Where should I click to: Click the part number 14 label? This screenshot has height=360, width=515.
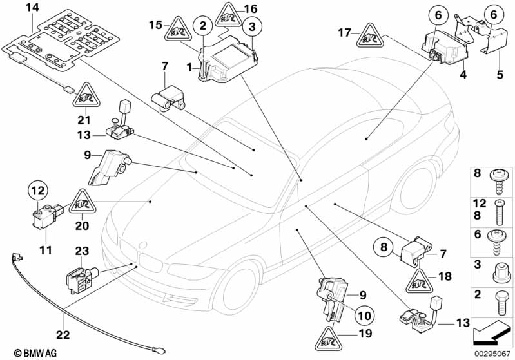[x=32, y=7]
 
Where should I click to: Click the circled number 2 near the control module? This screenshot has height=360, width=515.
[x=204, y=26]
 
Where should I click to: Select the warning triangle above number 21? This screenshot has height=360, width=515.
[x=84, y=98]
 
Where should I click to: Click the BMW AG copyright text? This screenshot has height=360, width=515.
[x=26, y=353]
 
